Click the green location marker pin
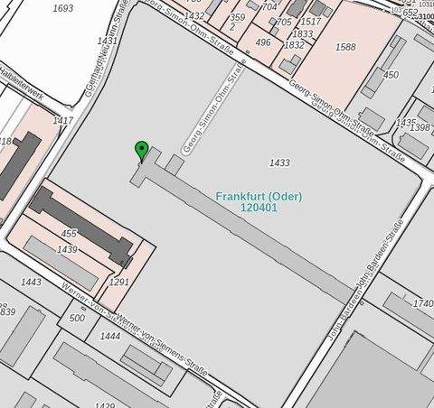(x=140, y=150)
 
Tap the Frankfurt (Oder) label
(x=259, y=197)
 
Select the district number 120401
(x=259, y=208)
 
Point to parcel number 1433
(x=279, y=162)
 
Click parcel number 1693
(x=63, y=8)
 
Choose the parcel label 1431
(x=108, y=41)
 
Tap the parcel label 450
(x=391, y=75)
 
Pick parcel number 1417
(x=62, y=120)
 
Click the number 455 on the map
(x=69, y=234)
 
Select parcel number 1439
(x=67, y=249)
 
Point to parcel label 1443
(x=31, y=283)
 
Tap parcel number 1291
(x=118, y=283)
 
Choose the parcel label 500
(x=77, y=318)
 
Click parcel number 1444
(x=110, y=336)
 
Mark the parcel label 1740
(x=422, y=304)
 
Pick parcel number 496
(x=263, y=42)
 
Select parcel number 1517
(x=310, y=22)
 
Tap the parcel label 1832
(x=294, y=45)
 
